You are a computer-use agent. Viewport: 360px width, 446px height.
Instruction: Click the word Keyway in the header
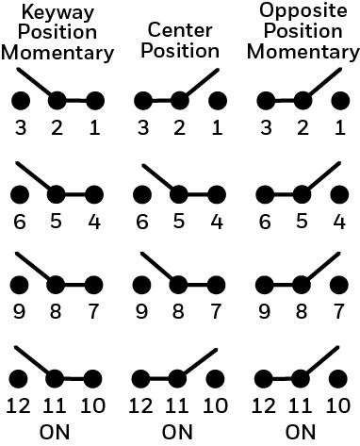tap(57, 13)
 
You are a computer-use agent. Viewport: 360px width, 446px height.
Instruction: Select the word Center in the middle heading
tap(180, 30)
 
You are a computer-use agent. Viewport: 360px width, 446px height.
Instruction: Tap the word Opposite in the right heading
tap(303, 10)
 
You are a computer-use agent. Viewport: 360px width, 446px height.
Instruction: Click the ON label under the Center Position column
tap(177, 432)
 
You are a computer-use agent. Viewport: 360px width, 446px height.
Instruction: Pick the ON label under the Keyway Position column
tap(55, 432)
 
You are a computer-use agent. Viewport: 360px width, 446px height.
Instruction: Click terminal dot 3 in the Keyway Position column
tap(21, 101)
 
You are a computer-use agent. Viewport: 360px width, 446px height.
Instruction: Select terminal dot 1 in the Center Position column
tap(218, 101)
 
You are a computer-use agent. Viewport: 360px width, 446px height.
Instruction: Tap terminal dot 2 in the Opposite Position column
tap(303, 101)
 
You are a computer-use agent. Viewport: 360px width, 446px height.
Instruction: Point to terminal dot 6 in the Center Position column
tap(142, 194)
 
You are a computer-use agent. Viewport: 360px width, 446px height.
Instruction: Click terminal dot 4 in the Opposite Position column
tap(339, 194)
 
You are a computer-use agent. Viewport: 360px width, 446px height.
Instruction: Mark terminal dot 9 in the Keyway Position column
tap(20, 285)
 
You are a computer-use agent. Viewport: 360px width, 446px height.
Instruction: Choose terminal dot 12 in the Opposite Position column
tap(264, 378)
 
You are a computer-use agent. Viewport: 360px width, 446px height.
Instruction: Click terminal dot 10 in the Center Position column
tap(216, 378)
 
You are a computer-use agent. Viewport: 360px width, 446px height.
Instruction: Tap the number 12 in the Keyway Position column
tap(19, 405)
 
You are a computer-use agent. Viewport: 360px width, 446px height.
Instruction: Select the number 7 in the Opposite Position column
tap(338, 312)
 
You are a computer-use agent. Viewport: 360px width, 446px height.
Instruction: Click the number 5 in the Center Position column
tap(179, 222)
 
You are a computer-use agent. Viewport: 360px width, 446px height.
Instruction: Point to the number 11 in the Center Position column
tap(177, 405)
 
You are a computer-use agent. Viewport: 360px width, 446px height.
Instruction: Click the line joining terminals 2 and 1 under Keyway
tap(76, 101)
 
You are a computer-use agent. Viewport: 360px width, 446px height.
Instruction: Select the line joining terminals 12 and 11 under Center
tap(159, 378)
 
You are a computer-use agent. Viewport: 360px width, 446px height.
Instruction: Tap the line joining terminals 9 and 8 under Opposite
tap(283, 285)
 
